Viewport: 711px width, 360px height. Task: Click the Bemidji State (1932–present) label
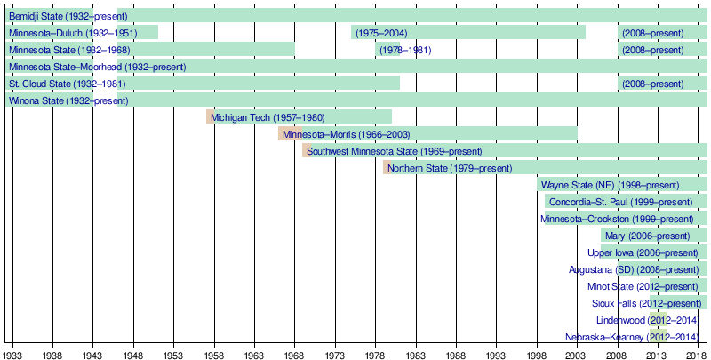tap(68, 16)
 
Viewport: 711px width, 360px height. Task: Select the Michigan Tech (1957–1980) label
tap(268, 117)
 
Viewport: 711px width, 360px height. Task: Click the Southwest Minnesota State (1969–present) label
tap(394, 151)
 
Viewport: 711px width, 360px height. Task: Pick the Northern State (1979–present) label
tap(450, 168)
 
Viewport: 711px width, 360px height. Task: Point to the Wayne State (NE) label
tap(610, 185)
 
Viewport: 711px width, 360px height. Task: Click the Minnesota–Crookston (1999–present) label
tap(617, 219)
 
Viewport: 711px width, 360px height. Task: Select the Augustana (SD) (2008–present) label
tap(634, 269)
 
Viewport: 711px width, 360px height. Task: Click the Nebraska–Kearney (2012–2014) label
tap(632, 337)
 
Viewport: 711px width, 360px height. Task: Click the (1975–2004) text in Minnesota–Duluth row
tap(381, 33)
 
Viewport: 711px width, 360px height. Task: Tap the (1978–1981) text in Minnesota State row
tap(405, 50)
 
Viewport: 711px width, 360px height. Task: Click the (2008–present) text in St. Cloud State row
tap(652, 84)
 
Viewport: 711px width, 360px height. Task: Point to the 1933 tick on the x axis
tap(12, 354)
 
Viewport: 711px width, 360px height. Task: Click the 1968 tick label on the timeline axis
tap(294, 354)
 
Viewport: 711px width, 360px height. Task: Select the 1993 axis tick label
tap(496, 354)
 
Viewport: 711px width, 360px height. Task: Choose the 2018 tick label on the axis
tap(697, 354)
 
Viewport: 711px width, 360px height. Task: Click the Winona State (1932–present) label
tap(67, 100)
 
